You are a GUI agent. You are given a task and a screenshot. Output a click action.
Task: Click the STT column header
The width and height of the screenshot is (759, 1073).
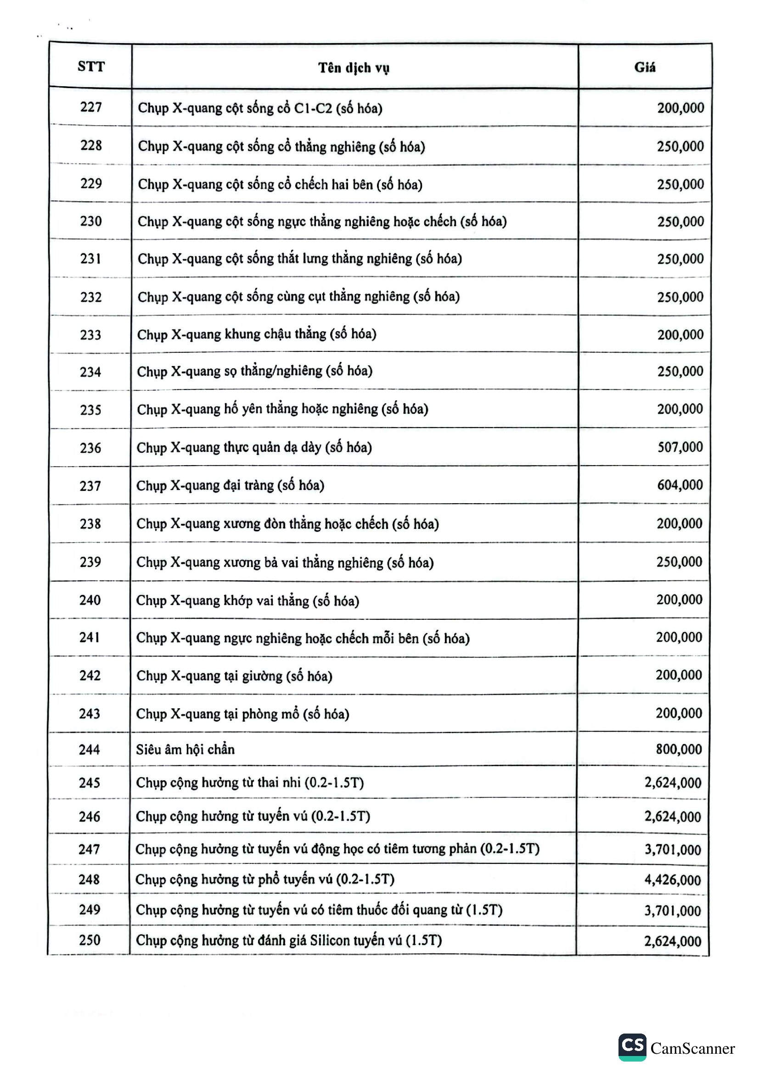(91, 67)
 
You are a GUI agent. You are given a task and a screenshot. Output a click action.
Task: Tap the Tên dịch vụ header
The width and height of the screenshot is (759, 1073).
(354, 68)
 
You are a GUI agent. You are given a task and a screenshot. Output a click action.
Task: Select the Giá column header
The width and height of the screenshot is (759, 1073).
(644, 67)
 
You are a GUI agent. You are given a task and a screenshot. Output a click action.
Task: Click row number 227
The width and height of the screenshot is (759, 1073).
(91, 107)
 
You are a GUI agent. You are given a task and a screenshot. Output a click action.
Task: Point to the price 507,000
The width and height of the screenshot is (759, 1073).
(680, 447)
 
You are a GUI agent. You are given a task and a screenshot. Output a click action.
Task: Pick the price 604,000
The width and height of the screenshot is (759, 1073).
(680, 485)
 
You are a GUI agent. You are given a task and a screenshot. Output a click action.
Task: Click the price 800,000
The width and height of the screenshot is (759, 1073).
(679, 749)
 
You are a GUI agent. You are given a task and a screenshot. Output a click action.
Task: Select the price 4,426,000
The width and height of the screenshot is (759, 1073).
(673, 880)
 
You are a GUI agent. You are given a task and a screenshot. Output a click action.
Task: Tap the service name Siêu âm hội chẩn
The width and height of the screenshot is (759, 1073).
(185, 750)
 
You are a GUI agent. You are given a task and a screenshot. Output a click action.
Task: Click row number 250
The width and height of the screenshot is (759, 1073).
(90, 940)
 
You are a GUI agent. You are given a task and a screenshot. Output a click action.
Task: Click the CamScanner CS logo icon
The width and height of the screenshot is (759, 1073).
(632, 1047)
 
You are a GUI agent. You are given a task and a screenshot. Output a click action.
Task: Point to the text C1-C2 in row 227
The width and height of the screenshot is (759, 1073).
(313, 108)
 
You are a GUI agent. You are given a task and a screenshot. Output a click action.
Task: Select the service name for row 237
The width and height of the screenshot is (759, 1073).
(230, 485)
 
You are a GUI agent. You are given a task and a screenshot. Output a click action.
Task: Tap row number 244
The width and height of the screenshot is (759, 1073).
(90, 750)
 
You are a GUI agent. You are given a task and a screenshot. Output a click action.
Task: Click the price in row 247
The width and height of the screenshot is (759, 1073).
(673, 849)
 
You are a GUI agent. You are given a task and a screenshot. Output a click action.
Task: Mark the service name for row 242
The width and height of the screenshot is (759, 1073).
(234, 676)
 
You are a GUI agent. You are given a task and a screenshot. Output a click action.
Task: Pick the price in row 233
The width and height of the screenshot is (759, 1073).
(680, 334)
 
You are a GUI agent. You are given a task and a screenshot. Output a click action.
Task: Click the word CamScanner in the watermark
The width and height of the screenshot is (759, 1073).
(692, 1048)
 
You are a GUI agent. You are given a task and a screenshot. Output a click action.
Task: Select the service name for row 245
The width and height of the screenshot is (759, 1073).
(250, 783)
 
